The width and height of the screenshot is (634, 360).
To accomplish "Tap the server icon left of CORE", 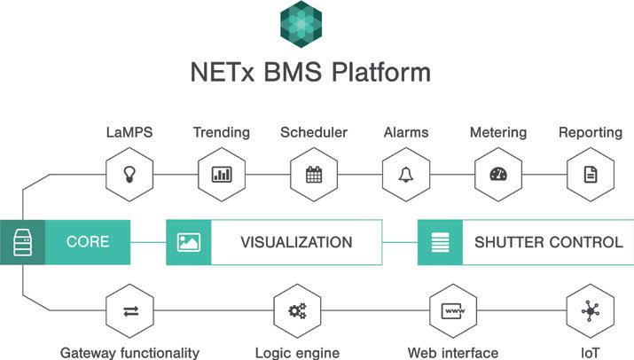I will tap(21, 242).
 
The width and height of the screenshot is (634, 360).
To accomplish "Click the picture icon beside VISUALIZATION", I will tap(189, 242).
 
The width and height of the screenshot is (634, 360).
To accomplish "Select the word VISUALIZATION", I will tap(296, 242).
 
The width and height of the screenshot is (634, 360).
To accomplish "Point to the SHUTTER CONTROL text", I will tap(548, 242).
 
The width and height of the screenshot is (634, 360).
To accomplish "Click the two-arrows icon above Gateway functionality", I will tap(129, 310).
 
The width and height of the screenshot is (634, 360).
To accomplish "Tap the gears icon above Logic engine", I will tap(297, 310).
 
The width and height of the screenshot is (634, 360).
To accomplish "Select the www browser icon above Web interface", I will tap(452, 310).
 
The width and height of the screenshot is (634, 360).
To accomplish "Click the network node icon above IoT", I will tap(590, 310).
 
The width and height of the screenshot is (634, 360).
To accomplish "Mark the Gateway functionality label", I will tap(129, 352).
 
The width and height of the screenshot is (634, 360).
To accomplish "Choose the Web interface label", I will tap(452, 352).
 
